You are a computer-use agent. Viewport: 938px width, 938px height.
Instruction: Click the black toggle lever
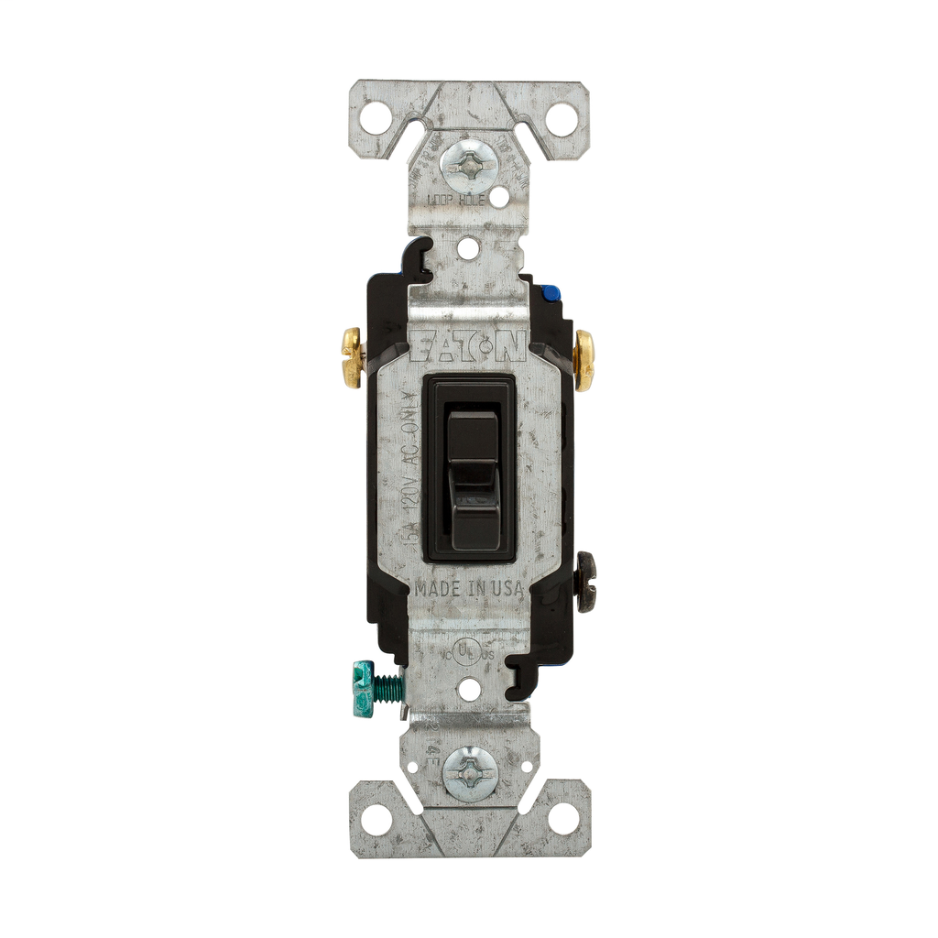[473, 467]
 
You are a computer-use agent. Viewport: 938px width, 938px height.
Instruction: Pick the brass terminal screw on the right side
[584, 359]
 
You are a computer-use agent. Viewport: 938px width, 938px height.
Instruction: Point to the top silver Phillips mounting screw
[468, 166]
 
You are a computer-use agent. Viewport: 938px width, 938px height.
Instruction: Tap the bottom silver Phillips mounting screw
[470, 772]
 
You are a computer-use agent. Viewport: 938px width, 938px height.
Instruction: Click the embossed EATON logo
[469, 347]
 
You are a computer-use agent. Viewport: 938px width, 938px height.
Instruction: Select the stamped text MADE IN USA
[469, 589]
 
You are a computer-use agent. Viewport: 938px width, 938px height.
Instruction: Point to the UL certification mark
[467, 651]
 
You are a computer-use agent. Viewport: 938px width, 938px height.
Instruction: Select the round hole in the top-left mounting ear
[375, 118]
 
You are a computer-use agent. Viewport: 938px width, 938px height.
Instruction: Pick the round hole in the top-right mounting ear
[562, 119]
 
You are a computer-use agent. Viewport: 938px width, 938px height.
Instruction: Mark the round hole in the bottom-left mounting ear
[376, 818]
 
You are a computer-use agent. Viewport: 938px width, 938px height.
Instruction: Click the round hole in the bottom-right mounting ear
[563, 818]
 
